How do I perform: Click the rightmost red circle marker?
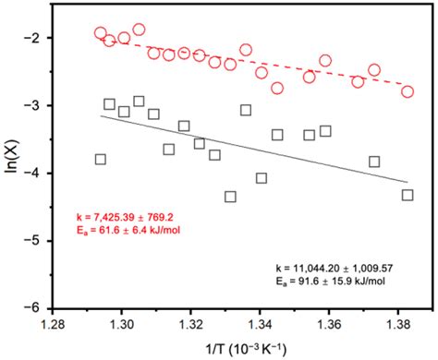(x=408, y=91)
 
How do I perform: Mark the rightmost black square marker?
(x=408, y=195)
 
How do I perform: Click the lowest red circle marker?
(x=408, y=91)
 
